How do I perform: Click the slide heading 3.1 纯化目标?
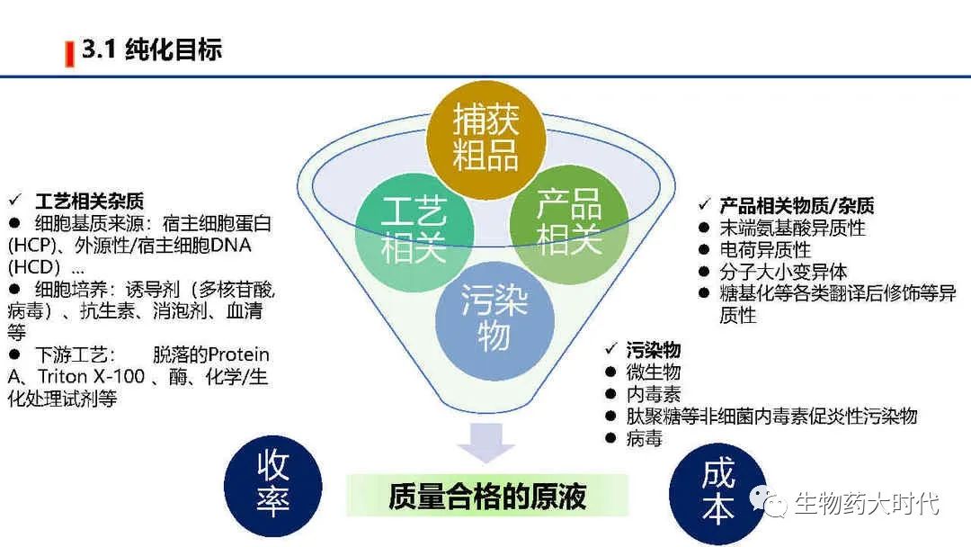tap(151, 50)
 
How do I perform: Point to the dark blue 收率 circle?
tap(272, 485)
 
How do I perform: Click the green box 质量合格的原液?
tap(487, 496)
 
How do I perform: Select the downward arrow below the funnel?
tap(485, 444)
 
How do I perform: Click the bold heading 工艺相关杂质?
tap(89, 201)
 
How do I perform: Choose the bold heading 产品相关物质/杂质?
tap(797, 206)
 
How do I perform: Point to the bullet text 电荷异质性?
tap(765, 249)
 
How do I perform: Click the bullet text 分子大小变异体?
tap(783, 271)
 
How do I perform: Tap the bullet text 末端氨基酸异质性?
tap(792, 228)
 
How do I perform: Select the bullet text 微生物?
tap(654, 372)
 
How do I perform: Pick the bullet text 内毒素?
tap(654, 394)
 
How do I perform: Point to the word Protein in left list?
tap(237, 355)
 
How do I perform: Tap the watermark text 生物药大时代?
tap(867, 503)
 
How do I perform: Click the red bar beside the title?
tap(69, 54)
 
